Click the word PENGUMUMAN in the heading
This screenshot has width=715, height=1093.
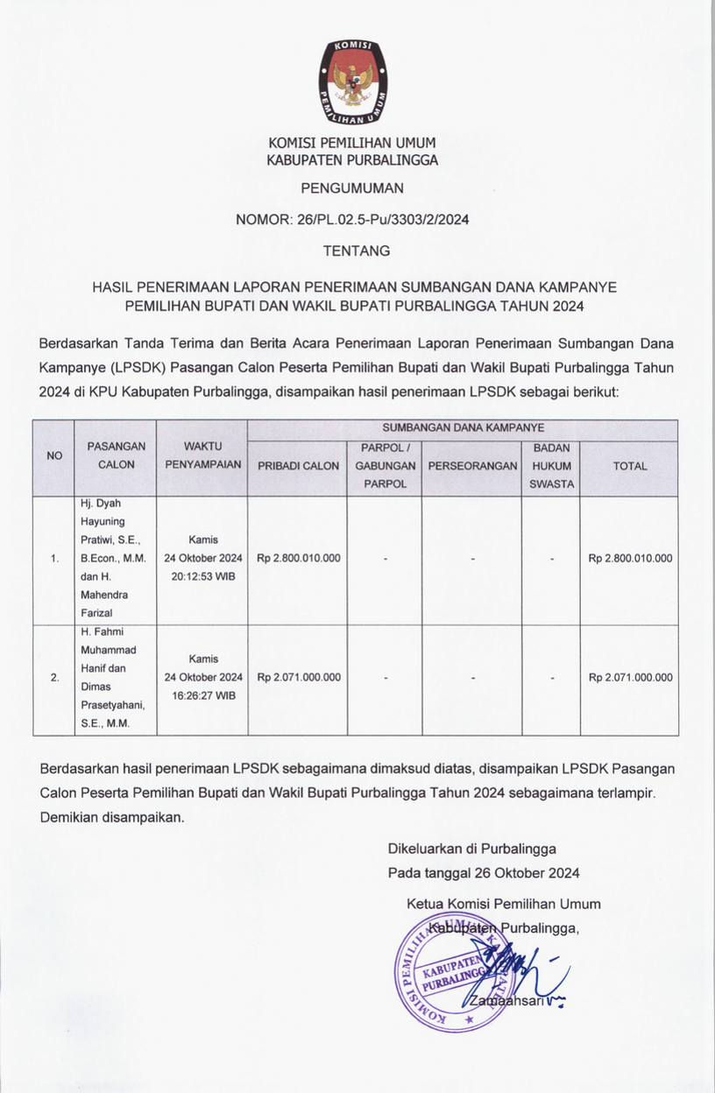tap(352, 187)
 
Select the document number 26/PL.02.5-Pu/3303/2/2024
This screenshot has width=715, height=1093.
tap(383, 220)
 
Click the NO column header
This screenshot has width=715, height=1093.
tap(54, 455)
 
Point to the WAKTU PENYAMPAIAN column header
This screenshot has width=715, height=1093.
tap(202, 455)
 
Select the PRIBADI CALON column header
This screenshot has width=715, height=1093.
tap(298, 466)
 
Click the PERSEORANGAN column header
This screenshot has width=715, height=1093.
tap(472, 466)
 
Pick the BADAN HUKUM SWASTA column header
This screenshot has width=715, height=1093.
tap(551, 466)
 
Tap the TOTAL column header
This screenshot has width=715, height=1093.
tap(630, 466)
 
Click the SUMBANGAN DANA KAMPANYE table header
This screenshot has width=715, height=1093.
tap(463, 428)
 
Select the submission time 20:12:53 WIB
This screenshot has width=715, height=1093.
tap(202, 576)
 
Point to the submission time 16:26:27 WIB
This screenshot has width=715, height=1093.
tap(202, 695)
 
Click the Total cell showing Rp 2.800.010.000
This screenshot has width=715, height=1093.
tap(630, 558)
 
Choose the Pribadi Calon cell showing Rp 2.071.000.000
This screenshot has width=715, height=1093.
tap(298, 677)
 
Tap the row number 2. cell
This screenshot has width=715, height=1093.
tap(54, 678)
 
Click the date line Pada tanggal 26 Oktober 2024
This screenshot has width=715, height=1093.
tap(484, 873)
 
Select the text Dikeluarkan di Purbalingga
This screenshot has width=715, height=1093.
tap(471, 849)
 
